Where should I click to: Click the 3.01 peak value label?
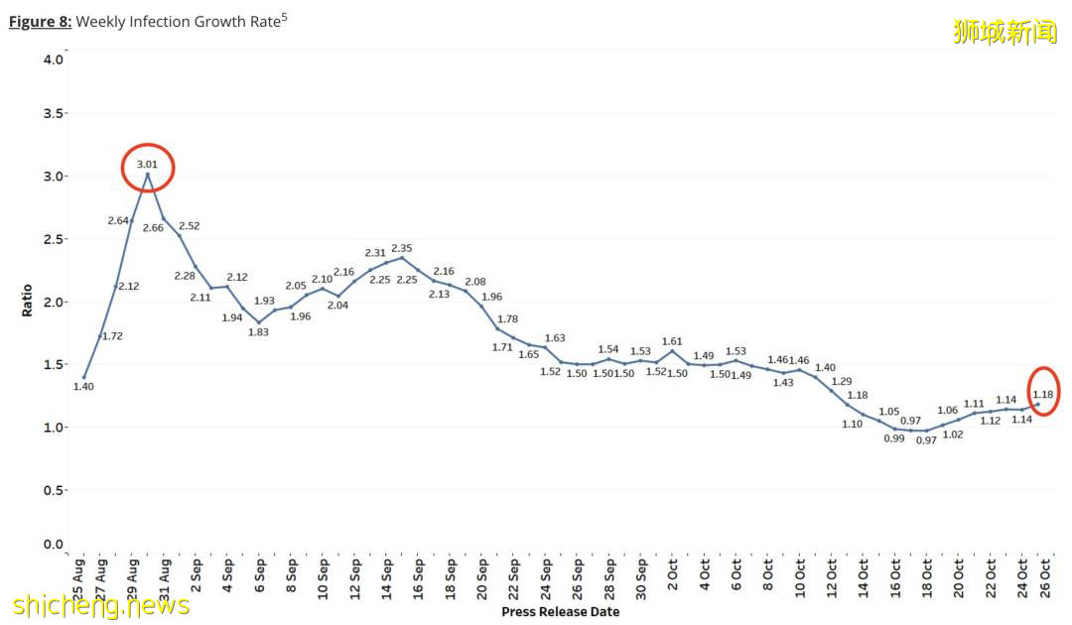147,164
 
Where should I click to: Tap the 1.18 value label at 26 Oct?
1043,394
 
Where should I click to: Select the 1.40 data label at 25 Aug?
83,386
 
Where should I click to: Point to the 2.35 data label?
402,247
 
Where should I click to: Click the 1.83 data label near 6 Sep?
259,331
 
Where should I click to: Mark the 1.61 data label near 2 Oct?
673,341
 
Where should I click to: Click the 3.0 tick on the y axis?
55,177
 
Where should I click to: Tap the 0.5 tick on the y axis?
55,490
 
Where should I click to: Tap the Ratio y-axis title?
27,302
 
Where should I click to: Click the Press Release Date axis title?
560,612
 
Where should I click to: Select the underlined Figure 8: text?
40,21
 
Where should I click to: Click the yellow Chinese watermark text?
1005,32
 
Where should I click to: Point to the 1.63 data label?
555,338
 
